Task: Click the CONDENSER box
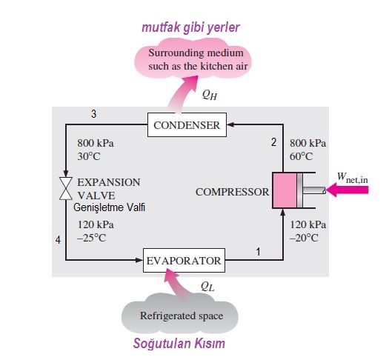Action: coord(187,124)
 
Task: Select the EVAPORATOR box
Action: coord(184,260)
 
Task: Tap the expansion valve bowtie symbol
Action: coord(66,188)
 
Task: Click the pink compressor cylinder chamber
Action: coord(285,190)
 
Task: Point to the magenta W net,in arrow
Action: coord(348,190)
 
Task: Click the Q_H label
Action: coord(210,95)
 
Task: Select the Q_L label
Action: coord(207,287)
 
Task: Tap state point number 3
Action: coord(93,114)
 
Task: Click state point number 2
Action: coord(273,142)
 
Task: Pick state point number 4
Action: coord(58,240)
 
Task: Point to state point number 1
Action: coord(258,252)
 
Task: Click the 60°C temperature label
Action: coord(301,156)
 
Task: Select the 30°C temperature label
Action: coord(89,156)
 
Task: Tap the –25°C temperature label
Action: coord(92,238)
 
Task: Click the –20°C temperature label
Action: coord(304,238)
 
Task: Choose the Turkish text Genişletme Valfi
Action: coord(109,207)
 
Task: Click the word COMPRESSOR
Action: coord(232,192)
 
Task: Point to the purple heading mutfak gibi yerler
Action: coord(190,27)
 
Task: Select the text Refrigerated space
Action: coord(182,316)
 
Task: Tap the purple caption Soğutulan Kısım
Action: coord(179,344)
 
